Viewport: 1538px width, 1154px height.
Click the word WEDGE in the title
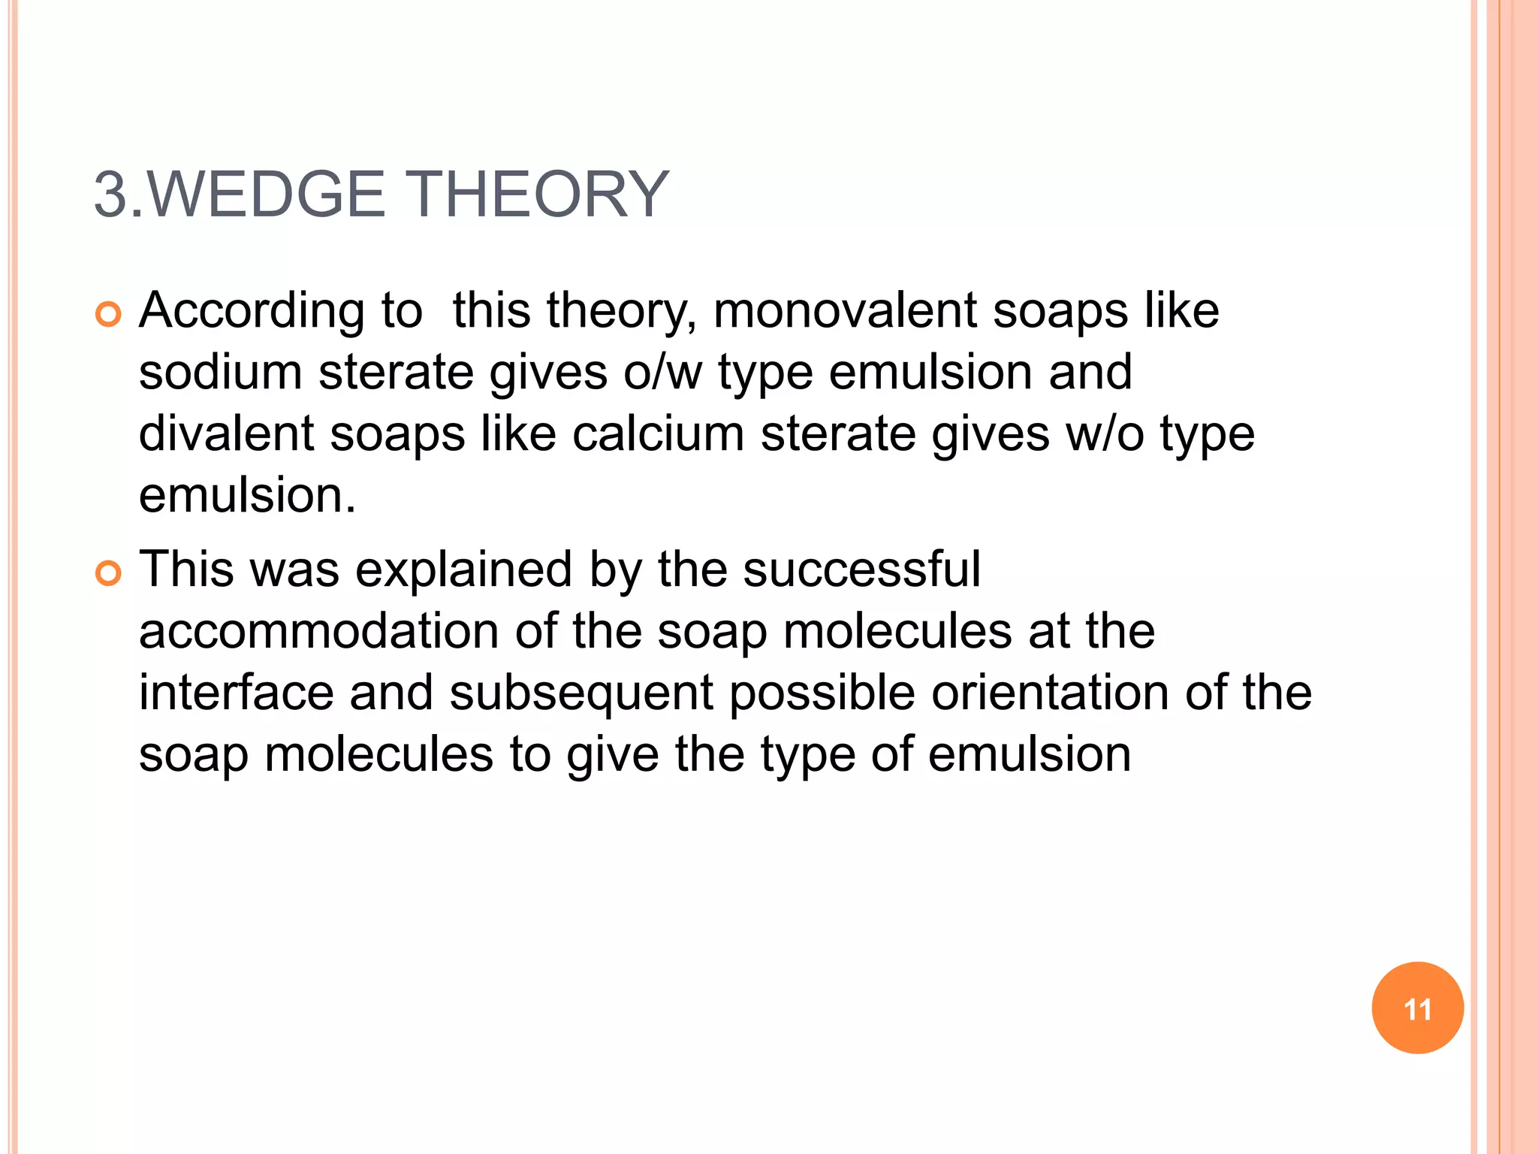(x=266, y=195)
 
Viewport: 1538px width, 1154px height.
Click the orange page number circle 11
(x=1417, y=1008)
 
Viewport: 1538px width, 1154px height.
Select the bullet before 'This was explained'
(x=108, y=574)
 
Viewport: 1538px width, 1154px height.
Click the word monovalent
(x=845, y=310)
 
